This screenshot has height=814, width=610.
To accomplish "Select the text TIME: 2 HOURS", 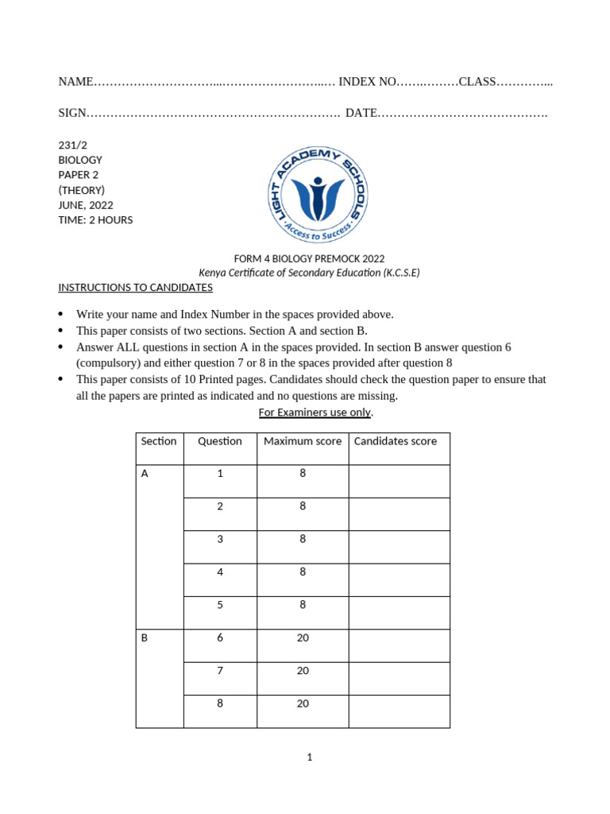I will coord(95,220).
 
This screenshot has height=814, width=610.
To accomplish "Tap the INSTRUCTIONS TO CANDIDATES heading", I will coord(135,287).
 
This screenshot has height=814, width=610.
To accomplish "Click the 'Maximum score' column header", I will coord(303,441).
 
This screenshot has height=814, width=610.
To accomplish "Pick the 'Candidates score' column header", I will coord(395,441).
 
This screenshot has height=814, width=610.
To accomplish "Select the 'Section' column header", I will coord(159,441).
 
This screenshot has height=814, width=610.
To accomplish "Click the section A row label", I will coord(145,474).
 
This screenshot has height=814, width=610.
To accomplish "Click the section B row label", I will coord(145,638).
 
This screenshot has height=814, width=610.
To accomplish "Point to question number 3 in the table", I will coord(220,540).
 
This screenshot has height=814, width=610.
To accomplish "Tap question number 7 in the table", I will coord(220,671).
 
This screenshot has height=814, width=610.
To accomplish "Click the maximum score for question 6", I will coord(303,638).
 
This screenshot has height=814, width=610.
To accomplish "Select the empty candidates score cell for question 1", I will coord(399,481).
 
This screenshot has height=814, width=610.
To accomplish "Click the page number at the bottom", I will coord(310,758).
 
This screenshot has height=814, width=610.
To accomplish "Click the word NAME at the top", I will coord(75,82).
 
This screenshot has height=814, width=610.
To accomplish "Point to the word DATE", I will coord(361,113).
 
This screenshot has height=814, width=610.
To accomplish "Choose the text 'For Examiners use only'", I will coord(315,413).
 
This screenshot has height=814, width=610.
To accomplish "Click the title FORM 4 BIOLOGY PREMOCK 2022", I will coord(309,258).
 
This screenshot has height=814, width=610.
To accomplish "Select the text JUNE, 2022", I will coord(86,205).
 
